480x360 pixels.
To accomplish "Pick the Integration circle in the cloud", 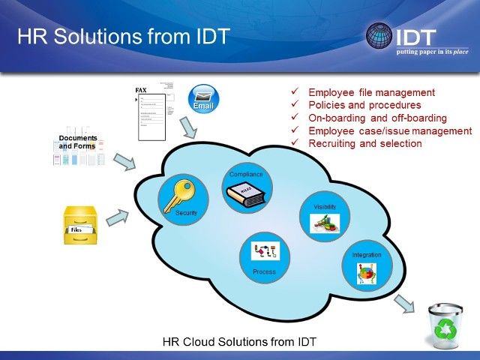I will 367,266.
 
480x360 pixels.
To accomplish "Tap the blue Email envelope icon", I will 202,98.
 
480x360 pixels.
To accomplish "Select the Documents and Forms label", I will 79,142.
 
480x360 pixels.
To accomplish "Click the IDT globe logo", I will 378,35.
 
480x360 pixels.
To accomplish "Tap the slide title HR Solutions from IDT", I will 123,36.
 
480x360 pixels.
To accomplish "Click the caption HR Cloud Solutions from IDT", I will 239,342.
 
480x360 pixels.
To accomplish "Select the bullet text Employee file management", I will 372,92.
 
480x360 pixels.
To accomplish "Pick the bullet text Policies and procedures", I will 364,105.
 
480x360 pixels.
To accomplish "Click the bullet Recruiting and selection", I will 365,143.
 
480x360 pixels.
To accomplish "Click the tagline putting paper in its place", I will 433,52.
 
